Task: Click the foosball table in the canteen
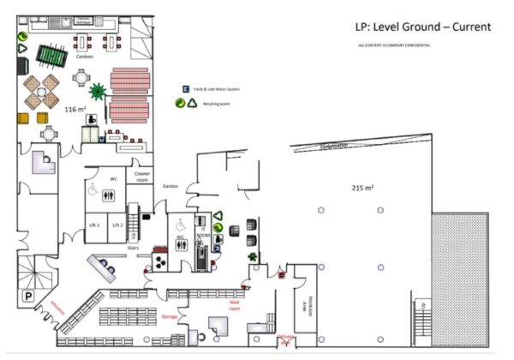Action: click(x=51, y=56)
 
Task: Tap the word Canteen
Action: click(x=84, y=57)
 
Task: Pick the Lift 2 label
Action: click(x=117, y=225)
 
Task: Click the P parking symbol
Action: click(x=28, y=294)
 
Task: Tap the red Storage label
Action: click(x=170, y=317)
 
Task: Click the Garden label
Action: click(x=170, y=185)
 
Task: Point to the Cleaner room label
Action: click(x=139, y=176)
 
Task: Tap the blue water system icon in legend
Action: click(x=184, y=89)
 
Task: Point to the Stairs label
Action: click(x=133, y=246)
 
